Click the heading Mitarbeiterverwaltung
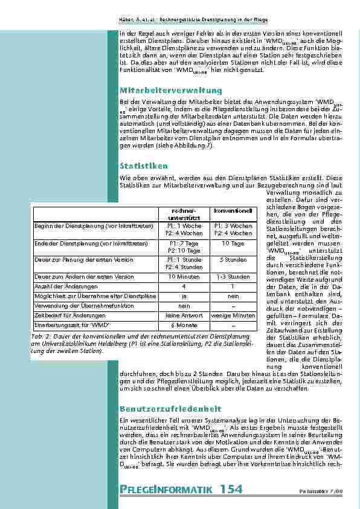163,90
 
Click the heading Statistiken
144,165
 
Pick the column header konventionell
233,210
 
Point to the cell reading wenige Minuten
233,315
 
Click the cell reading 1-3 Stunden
233,276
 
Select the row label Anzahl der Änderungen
65,286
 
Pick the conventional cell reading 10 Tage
233,244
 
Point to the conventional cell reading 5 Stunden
233,259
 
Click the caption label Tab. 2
40,335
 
